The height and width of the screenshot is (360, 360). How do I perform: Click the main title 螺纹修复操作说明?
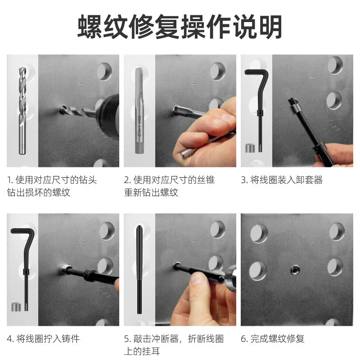pyautogui.click(x=180, y=27)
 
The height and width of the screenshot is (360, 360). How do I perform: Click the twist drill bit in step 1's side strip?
pyautogui.click(x=22, y=111)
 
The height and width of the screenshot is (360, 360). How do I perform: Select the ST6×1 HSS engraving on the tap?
pyautogui.click(x=139, y=126)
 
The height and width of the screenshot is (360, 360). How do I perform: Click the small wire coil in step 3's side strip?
pyautogui.click(x=250, y=148)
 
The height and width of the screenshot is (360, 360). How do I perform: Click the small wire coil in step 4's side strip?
pyautogui.click(x=16, y=307)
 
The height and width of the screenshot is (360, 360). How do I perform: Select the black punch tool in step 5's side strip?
pyautogui.click(x=139, y=270)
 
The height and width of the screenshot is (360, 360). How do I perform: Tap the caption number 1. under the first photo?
pyautogui.click(x=10, y=180)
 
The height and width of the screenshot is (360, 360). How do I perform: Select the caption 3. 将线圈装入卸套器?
pyautogui.click(x=282, y=180)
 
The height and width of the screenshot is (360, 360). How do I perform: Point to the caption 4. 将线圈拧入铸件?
pyautogui.click(x=43, y=339)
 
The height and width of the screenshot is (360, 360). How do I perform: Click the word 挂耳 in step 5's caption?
pyautogui.click(x=151, y=351)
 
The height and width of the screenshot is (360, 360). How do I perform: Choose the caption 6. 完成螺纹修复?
pyautogui.click(x=273, y=339)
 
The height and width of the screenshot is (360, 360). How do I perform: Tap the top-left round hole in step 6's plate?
pyautogui.click(x=259, y=234)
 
